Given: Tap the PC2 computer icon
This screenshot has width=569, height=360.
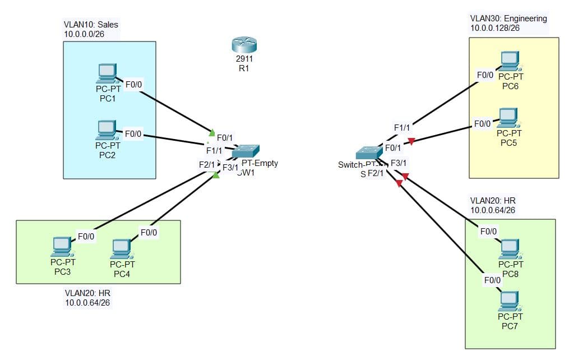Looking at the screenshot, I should tap(107, 130).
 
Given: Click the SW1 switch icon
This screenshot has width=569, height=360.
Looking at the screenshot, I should tap(246, 151).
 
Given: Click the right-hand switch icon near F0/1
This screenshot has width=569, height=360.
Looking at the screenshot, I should tap(368, 153).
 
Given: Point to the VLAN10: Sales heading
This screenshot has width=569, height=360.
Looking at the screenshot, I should tap(91, 25).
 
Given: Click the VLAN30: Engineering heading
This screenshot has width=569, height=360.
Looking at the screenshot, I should tap(508, 19).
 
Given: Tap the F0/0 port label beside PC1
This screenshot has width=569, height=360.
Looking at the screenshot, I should tap(134, 85).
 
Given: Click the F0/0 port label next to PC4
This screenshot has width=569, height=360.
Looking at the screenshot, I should tap(149, 232).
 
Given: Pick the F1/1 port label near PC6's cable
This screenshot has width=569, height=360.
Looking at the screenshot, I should tap(401, 128).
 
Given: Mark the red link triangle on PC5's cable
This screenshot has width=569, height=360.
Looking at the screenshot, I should tap(411, 141).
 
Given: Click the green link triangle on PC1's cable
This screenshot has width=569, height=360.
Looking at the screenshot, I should tap(211, 133).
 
